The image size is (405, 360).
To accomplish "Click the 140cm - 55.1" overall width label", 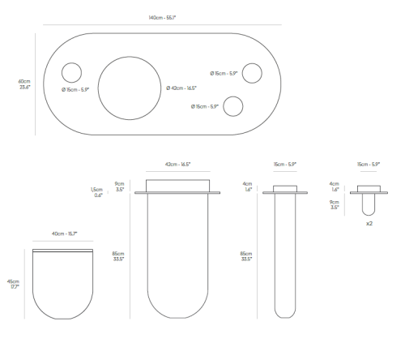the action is coord(162,18).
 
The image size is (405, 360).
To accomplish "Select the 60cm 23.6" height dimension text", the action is coord(24,84).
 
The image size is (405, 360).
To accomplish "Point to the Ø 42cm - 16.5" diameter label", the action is coord(181,88).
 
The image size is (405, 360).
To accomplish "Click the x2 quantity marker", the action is coord(369,224).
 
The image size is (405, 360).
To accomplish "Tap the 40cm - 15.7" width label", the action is coord(65,234).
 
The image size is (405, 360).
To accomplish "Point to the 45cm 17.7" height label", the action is coord(13,284).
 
